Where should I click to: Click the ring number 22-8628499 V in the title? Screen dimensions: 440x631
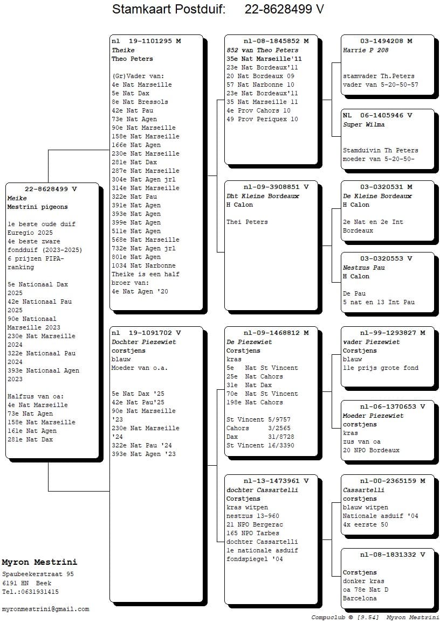284,9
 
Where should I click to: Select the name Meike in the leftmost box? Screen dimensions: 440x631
17,198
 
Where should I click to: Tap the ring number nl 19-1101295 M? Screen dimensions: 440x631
146,41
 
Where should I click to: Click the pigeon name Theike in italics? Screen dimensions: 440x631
123,50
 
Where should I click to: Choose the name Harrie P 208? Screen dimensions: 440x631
366,50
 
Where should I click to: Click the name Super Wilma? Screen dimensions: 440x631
364,125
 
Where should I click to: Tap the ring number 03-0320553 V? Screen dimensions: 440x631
386,259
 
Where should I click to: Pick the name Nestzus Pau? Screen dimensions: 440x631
364,268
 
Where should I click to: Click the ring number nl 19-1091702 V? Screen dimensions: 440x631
146,333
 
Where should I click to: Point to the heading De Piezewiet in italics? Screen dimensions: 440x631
249,342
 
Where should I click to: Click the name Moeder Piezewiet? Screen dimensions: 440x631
373,416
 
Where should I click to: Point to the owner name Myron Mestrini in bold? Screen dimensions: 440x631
39,563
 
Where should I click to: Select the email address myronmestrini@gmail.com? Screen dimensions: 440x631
45,609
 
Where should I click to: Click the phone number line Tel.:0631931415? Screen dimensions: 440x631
30,592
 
